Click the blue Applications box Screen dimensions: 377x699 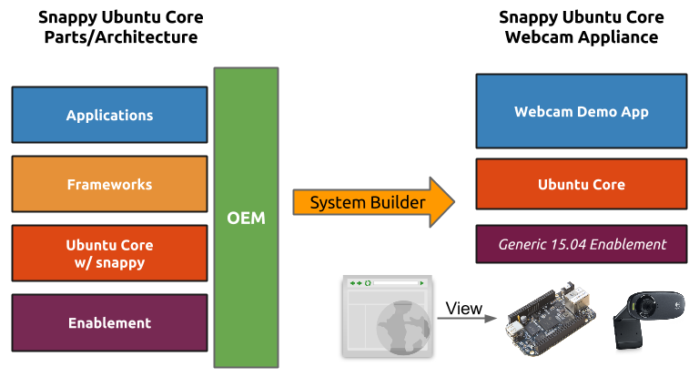point(109,116)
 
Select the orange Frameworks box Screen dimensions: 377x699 point(109,185)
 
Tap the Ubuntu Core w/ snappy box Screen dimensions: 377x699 point(109,253)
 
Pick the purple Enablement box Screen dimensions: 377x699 point(109,323)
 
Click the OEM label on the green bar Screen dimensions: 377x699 point(246,219)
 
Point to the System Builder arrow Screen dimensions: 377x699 point(373,202)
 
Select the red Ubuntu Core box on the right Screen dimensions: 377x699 point(581,185)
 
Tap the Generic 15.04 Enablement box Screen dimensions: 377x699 point(581,244)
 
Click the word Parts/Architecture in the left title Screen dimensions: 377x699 point(121,37)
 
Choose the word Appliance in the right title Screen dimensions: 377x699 point(614,37)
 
